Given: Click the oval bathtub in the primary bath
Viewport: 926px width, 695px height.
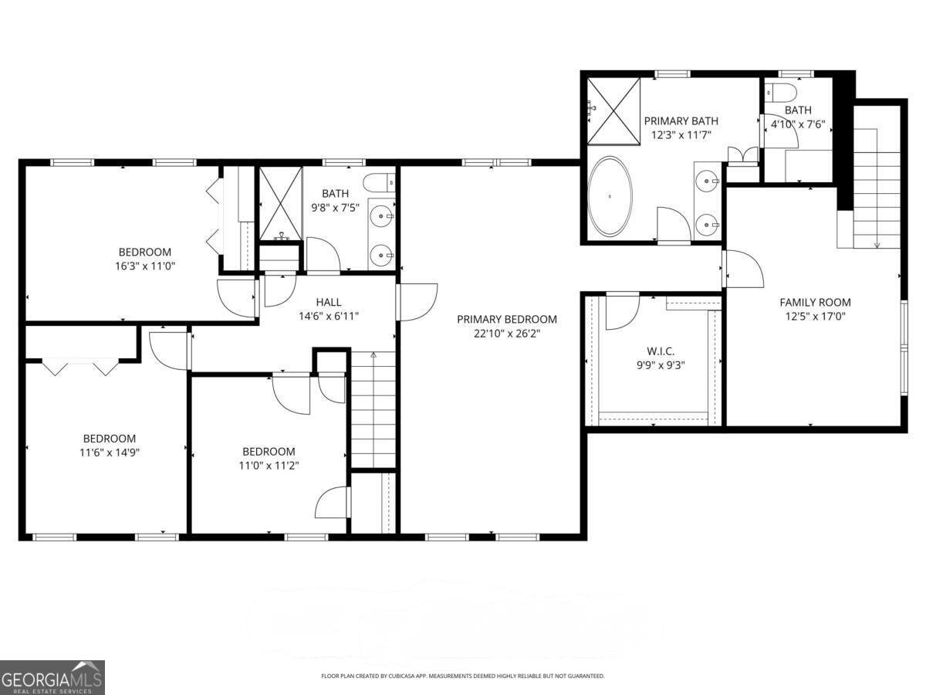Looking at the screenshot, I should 610,196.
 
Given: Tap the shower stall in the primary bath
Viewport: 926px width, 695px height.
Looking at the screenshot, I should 613,110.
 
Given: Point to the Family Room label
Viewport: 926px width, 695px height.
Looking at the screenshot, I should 815,303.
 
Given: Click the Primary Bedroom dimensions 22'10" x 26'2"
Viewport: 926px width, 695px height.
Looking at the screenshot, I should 506,334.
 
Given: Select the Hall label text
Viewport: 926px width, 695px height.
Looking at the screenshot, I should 328,302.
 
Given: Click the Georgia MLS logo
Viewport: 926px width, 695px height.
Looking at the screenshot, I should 52,677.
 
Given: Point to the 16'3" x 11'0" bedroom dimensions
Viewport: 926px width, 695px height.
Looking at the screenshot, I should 145,266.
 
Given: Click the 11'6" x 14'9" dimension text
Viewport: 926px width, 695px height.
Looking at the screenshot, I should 110,452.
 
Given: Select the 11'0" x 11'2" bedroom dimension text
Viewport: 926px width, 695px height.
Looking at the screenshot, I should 269,465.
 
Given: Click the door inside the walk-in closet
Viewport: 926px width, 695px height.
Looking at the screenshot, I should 621,311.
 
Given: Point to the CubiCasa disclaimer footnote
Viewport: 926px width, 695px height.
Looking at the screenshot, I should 462,676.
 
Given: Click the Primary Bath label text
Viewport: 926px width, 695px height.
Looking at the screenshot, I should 681,120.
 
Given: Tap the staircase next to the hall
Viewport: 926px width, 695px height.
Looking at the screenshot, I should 373,409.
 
